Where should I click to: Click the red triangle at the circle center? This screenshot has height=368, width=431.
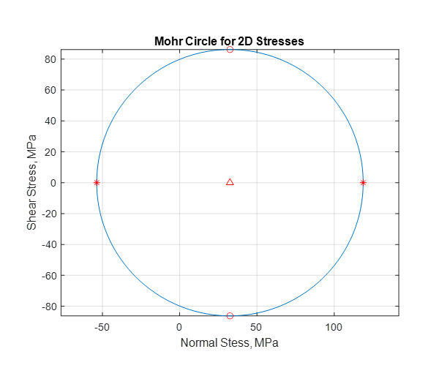(x=230, y=181)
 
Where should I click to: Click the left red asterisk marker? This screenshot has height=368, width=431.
(x=97, y=182)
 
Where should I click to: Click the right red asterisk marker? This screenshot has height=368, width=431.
(x=363, y=182)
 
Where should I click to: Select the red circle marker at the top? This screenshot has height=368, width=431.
(x=230, y=50)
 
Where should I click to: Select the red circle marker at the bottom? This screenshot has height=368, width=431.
(x=230, y=315)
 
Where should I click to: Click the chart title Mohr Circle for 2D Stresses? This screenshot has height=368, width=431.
(x=229, y=41)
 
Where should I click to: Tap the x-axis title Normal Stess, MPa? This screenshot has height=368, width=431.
(x=229, y=342)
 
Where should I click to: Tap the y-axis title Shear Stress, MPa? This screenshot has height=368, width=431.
(x=31, y=183)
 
